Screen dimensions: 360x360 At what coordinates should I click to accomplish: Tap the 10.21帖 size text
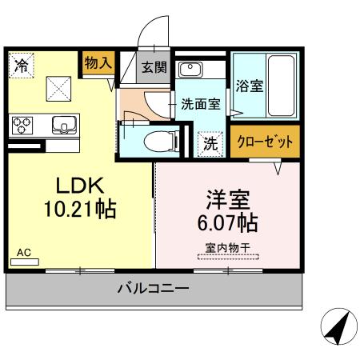tap(80, 210)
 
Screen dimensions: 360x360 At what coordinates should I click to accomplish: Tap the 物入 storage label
tap(98, 62)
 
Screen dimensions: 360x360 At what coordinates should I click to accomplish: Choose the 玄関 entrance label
tap(154, 68)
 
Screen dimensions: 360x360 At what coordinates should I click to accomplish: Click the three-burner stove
tap(22, 125)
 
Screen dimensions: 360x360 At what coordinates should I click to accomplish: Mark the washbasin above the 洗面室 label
tap(190, 70)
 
